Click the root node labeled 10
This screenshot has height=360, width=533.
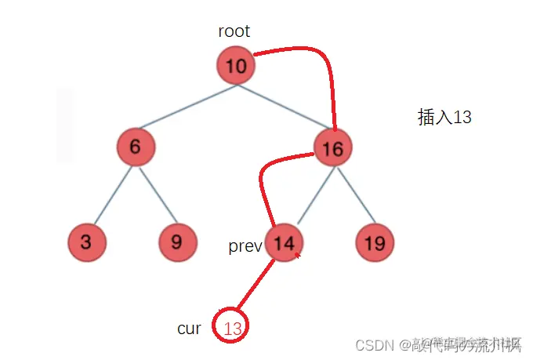point(236,67)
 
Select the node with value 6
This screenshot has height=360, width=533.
point(136,147)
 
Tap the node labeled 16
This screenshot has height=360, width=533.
point(332,147)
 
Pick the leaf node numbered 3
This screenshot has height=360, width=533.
point(85,242)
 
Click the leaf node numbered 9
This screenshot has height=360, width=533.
point(177,242)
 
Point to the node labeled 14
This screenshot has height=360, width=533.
point(285,243)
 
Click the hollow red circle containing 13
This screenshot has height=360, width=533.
point(232,329)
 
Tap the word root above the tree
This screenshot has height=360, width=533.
point(234,31)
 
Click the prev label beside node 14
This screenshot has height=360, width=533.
point(245,246)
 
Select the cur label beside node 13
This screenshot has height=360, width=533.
point(189,329)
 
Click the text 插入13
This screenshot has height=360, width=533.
point(444,118)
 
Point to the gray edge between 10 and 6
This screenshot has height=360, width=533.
point(187,106)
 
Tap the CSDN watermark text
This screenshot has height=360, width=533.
point(374,345)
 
